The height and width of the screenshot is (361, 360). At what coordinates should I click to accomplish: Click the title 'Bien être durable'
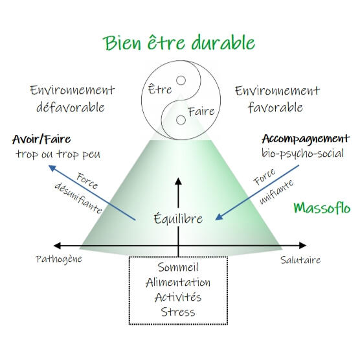pos(179,43)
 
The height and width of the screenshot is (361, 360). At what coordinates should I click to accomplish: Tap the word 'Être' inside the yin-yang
pos(160,89)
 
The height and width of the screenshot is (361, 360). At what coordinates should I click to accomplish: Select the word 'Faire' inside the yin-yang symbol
pos(201,111)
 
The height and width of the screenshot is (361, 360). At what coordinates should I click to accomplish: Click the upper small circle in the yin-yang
pos(181,80)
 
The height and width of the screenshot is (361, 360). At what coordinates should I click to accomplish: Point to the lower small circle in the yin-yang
pos(181,120)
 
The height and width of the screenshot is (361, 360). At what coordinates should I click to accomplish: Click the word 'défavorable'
pos(71,107)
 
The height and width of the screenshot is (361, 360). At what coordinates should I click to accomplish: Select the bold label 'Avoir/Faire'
pos(41,139)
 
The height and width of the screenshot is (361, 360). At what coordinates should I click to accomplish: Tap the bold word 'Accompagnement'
pos(306,139)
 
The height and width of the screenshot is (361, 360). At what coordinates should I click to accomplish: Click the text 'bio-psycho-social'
pos(302,154)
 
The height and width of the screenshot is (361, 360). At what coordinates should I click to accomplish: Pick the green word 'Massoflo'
pos(322,208)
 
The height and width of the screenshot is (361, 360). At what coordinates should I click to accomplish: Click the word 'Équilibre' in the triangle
pos(178,218)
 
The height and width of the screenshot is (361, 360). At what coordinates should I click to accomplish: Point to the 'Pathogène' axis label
pos(59,259)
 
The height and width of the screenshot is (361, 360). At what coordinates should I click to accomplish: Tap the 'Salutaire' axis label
pos(300,260)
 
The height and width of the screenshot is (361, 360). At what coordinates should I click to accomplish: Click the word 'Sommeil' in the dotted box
pos(178,267)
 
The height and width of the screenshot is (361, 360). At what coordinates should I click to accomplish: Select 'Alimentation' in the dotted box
pos(178,283)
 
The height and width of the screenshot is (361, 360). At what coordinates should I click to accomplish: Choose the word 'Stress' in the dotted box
pos(178,312)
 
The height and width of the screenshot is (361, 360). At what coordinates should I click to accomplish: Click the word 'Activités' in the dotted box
pos(178,297)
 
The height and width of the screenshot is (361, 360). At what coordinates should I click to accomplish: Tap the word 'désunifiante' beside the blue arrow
pos(78,198)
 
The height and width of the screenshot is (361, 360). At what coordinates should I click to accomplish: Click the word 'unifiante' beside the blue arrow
pos(276,192)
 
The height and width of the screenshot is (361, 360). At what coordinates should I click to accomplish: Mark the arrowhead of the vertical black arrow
pos(178,181)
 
